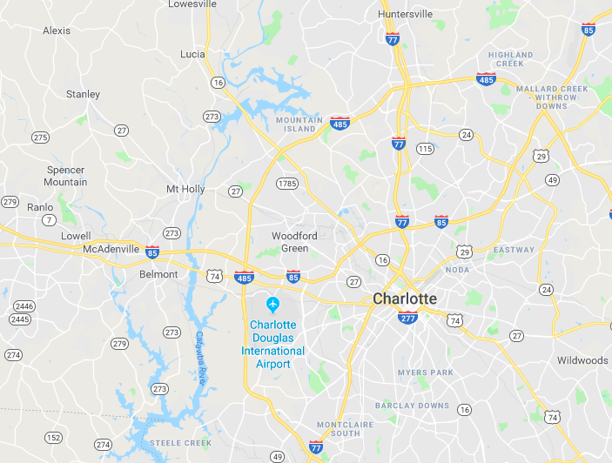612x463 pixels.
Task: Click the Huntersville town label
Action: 406,14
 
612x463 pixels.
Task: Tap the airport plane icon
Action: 273,305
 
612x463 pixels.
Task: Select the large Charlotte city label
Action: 405,299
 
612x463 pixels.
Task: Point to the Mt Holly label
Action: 185,189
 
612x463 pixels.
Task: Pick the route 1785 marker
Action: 287,184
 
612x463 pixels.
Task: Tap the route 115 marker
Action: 424,149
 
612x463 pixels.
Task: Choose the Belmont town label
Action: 158,274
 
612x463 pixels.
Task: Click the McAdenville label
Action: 111,249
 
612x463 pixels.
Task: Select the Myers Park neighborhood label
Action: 425,372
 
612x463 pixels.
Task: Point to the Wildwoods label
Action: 582,360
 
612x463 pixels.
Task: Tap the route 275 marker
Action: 40,138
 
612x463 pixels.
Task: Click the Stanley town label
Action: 83,94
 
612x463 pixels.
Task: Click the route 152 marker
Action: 54,438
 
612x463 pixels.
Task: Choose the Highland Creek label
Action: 511,59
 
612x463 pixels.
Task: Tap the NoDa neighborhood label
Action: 457,270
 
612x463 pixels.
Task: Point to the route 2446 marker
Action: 24,306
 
